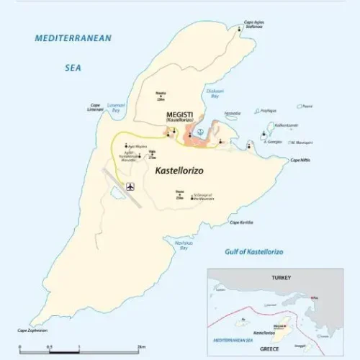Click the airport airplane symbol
[130, 188]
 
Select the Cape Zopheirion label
[29, 331]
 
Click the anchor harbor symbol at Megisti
[202, 131]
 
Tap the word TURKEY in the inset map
[279, 277]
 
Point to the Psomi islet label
[307, 106]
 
